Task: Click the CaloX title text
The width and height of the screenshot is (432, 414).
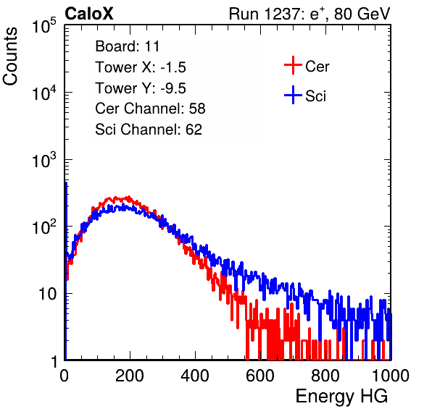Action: click(89, 14)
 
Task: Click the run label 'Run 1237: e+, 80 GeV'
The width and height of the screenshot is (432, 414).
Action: click(310, 14)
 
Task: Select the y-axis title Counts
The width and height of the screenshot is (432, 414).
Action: click(10, 56)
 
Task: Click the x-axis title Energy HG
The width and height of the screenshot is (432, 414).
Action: click(341, 397)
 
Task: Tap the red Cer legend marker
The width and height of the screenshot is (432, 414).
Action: click(293, 65)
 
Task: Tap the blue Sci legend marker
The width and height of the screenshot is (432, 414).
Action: click(293, 95)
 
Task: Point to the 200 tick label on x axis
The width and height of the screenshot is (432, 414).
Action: click(130, 376)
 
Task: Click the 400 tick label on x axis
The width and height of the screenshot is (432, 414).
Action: click(195, 376)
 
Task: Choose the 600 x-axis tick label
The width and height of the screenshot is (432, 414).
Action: click(260, 376)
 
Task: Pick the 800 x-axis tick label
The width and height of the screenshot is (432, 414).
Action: click(325, 376)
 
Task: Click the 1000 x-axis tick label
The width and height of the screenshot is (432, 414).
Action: click(391, 376)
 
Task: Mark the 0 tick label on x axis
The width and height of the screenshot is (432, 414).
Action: click(65, 376)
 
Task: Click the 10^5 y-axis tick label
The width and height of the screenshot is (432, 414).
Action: click(44, 25)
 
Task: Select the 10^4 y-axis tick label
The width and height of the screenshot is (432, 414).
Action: click(44, 93)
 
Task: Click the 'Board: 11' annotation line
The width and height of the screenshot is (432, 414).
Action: click(128, 46)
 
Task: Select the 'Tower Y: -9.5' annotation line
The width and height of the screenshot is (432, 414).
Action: click(141, 88)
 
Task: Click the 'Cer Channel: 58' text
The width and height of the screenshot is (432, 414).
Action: click(150, 109)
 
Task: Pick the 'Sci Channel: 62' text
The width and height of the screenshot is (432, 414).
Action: click(149, 130)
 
